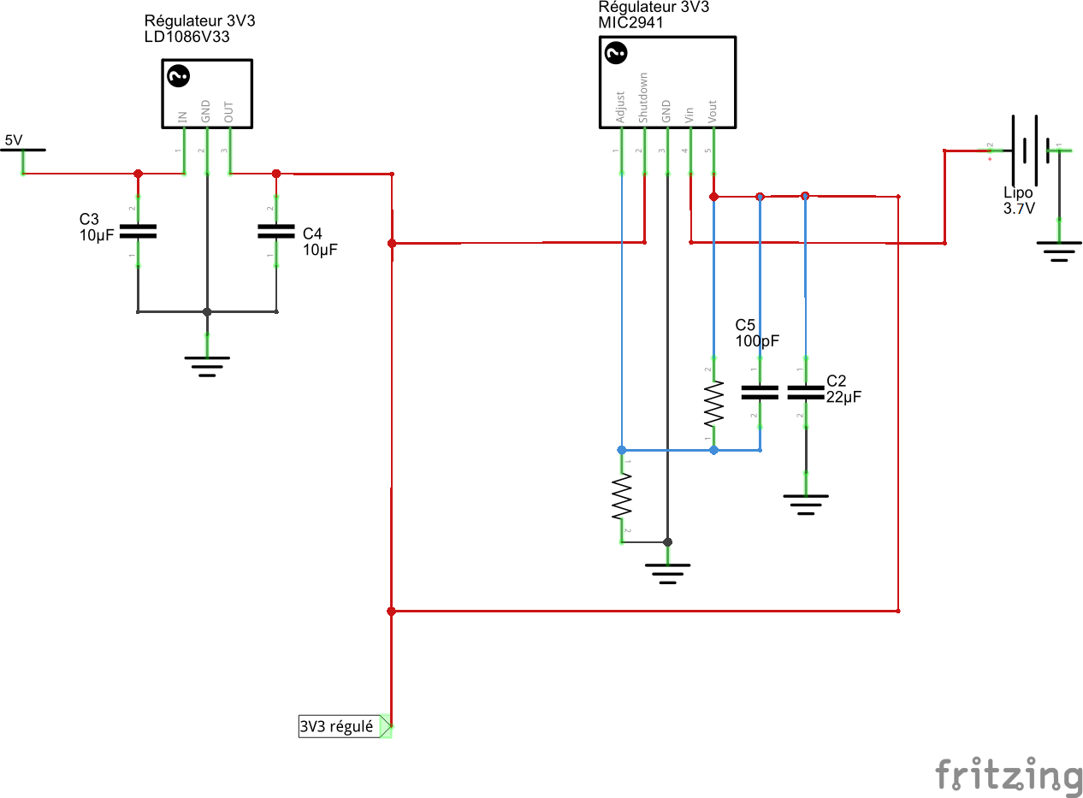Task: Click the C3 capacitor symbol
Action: (x=138, y=231)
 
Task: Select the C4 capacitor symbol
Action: (x=275, y=231)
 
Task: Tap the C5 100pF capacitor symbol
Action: (x=760, y=393)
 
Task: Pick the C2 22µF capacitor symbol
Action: (x=805, y=393)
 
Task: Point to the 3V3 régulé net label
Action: (x=337, y=727)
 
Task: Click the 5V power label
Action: (x=14, y=140)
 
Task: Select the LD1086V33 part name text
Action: (x=186, y=38)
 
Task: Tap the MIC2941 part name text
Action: (x=630, y=23)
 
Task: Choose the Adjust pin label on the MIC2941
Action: (x=621, y=109)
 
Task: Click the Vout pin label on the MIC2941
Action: (x=713, y=111)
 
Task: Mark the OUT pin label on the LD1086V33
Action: (x=229, y=112)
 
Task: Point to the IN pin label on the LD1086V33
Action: (x=182, y=116)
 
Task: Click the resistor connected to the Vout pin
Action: (x=713, y=405)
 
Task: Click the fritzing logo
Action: (x=1008, y=777)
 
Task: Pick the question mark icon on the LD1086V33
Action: (x=178, y=77)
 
